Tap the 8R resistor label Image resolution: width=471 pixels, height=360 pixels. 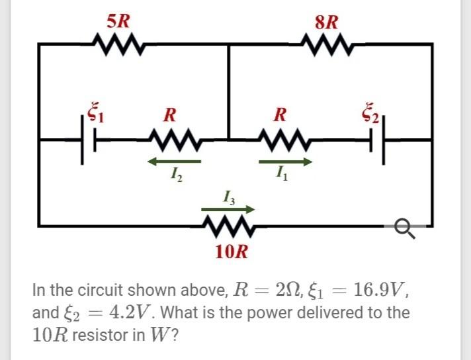[x=327, y=21]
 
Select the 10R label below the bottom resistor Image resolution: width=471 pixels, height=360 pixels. [x=232, y=252]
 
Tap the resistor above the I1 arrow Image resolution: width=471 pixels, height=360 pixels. [x=281, y=140]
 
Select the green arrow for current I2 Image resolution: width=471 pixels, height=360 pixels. [x=173, y=161]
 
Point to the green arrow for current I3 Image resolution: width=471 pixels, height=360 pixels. [x=229, y=209]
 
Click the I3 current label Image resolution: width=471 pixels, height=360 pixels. [x=228, y=197]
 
